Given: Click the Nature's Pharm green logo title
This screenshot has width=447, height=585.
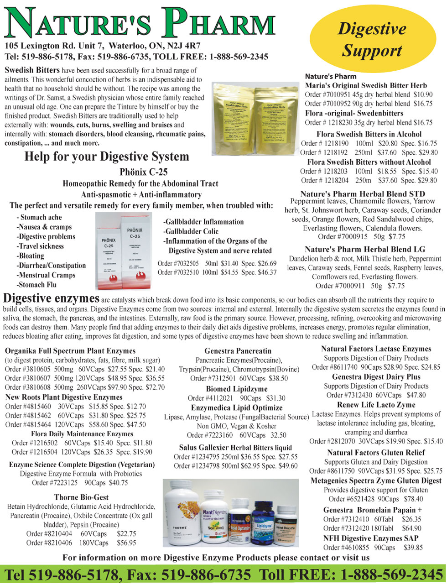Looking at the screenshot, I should pos(140,22).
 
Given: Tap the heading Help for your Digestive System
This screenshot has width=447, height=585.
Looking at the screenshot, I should pos(106,157).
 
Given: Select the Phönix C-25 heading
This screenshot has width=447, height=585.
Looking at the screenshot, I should pos(143,172).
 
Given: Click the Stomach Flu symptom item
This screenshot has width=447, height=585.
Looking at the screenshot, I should pos(36,285).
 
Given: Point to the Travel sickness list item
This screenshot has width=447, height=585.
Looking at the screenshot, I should pos(40,246).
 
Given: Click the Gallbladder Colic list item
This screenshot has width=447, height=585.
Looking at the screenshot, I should pos(192,231).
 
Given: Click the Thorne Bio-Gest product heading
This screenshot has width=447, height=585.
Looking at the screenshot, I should pos(81,497).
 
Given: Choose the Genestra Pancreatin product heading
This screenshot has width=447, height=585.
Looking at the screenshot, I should pos(238,351).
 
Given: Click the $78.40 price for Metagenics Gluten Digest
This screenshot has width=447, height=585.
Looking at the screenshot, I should pos(412,499).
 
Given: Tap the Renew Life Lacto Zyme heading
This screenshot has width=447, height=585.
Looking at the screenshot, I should pos(376,405).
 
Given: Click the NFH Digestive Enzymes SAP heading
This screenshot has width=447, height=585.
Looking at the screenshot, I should pos(370,538).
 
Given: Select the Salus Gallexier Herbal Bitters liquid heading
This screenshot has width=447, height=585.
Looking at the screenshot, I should pos(235,448).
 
